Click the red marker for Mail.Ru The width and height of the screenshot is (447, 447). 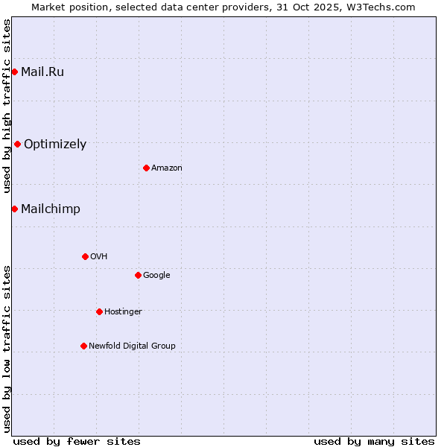click(x=14, y=72)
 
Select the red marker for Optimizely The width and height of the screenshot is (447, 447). click(x=17, y=144)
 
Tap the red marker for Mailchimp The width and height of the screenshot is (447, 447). click(x=14, y=209)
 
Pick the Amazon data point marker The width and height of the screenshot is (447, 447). click(x=146, y=168)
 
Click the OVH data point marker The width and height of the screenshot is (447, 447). click(x=85, y=256)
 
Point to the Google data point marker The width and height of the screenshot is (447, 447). click(x=138, y=275)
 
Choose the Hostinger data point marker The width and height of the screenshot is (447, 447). click(x=99, y=311)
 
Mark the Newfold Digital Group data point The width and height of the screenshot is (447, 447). click(x=83, y=346)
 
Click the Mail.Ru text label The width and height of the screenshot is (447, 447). click(x=42, y=72)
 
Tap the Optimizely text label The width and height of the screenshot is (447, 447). click(x=55, y=145)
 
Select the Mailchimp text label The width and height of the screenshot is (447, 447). click(x=51, y=209)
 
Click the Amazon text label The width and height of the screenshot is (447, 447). click(x=167, y=168)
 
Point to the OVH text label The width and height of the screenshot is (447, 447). click(x=99, y=257)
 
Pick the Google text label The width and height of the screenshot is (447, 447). click(x=156, y=276)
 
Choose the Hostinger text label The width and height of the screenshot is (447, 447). click(x=123, y=312)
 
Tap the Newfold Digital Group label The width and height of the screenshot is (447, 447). click(x=132, y=346)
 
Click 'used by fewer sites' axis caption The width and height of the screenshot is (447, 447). click(x=77, y=441)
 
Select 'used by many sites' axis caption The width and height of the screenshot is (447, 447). click(x=374, y=441)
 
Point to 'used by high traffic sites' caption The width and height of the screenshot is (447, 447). click(x=7, y=106)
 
